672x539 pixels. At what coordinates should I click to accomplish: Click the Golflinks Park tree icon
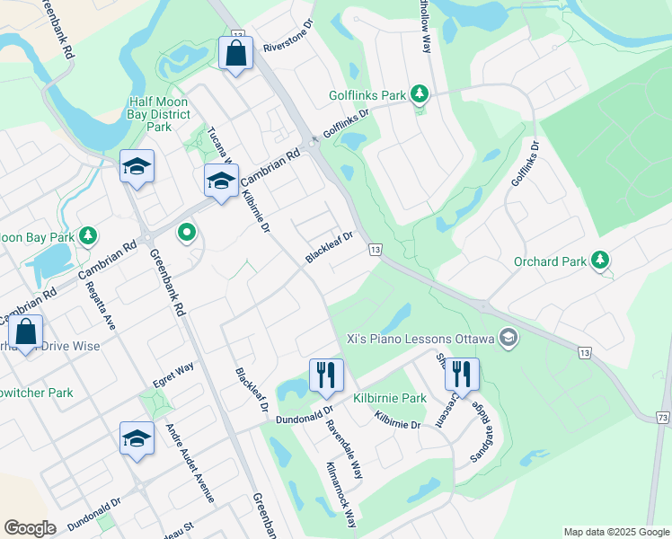tap(419, 93)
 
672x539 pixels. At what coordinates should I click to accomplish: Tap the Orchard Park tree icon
tap(600, 261)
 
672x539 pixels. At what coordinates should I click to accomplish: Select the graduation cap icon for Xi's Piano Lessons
tap(508, 339)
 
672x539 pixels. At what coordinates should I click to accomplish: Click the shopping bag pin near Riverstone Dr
tap(236, 53)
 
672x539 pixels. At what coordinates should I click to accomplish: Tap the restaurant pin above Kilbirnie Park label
tap(326, 375)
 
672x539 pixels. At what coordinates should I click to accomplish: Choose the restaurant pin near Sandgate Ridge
tap(462, 374)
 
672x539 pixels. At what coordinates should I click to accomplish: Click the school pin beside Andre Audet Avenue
tap(137, 438)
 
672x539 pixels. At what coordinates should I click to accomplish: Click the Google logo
tap(30, 528)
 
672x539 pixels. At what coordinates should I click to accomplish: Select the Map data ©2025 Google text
tap(616, 532)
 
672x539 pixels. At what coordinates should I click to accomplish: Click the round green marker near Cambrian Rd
tap(187, 234)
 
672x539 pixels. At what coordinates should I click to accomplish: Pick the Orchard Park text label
tap(550, 262)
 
